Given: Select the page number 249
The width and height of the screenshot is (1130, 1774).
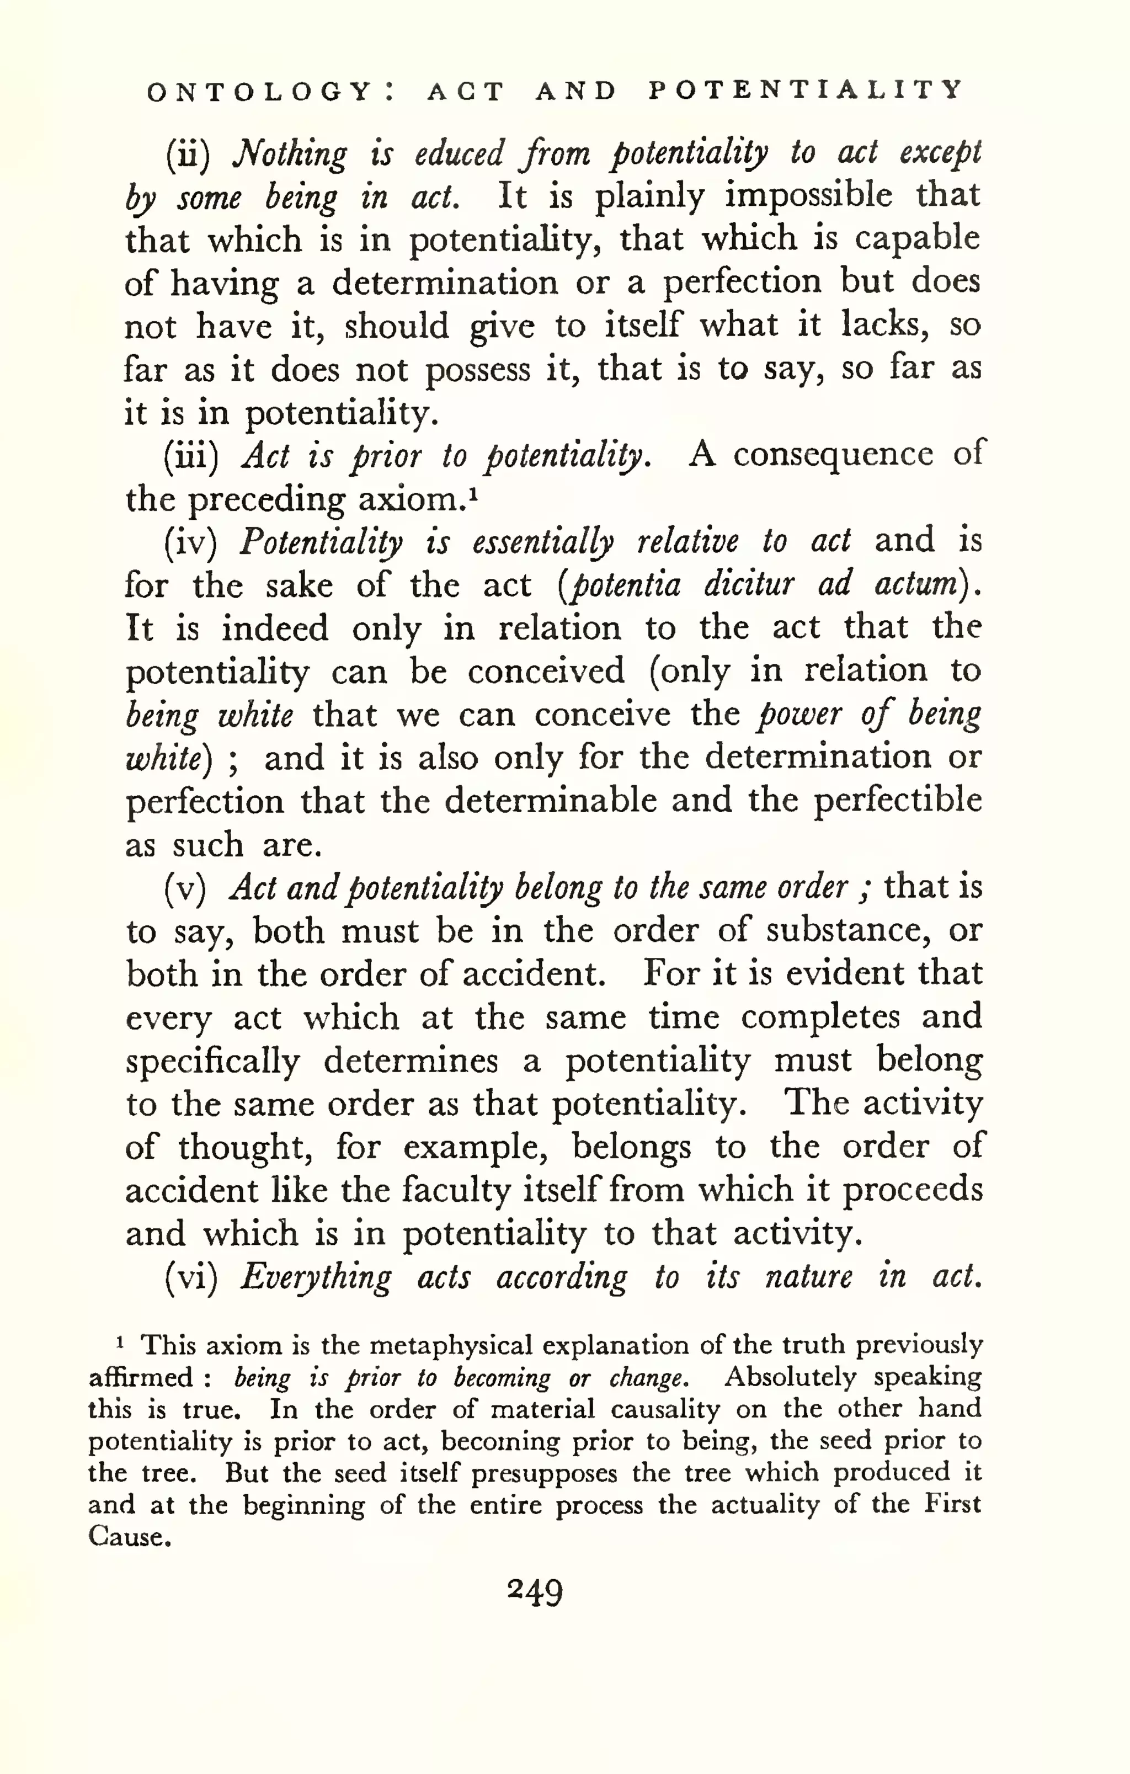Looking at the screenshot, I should tap(536, 1593).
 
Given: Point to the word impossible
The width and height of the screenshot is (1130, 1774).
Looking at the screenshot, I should tap(808, 196).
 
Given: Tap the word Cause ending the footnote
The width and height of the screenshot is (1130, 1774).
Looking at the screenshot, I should tap(129, 1537).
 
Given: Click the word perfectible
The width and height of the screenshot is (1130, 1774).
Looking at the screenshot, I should tap(897, 801).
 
